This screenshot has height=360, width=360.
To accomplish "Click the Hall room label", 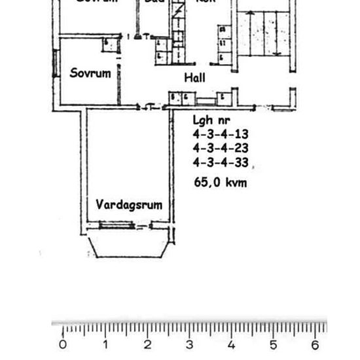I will coord(194,77).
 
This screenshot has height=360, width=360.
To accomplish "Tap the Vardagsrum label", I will coord(129,205).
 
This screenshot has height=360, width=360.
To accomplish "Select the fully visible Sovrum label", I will coord(90,73).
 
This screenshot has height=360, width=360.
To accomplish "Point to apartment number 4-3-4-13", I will coord(221,134).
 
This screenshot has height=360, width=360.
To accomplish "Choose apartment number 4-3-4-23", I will coord(221,148).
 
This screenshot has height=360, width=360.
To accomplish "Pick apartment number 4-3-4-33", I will coord(221,162).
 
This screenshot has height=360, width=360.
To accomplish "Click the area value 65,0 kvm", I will coord(221,183).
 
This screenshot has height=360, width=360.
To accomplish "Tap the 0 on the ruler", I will coord(63,345).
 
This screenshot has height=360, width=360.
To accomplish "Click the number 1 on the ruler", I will coord(105,345).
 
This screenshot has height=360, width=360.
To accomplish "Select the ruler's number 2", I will coord(147,345).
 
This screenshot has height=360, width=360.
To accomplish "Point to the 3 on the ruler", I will coord(189,345).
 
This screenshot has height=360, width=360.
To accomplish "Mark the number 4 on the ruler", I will coord(231,345).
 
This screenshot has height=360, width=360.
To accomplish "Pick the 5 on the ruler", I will coord(273,345).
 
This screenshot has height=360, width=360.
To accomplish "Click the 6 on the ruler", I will coord(315,345).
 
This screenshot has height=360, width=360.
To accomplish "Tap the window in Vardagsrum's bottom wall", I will coord(117,226).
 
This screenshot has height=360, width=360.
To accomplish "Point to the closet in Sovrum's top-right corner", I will coord(111,45).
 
